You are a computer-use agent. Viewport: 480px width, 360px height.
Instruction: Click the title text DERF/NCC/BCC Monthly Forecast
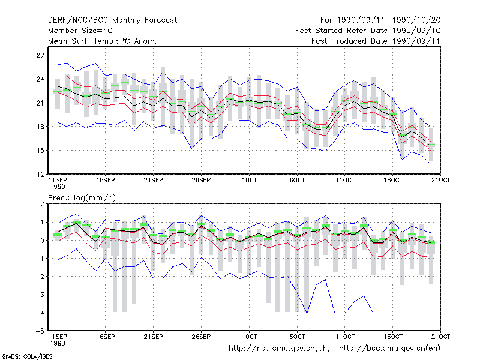112,20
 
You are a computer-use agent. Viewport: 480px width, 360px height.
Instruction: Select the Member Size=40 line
80,31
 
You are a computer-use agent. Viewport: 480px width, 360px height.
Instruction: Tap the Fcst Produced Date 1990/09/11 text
376,41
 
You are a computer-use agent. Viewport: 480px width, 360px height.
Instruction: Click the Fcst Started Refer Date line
368,31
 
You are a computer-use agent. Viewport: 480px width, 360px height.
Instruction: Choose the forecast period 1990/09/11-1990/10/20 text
380,20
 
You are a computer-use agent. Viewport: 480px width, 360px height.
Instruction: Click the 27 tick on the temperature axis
40,55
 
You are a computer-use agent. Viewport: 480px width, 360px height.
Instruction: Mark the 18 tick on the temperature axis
40,127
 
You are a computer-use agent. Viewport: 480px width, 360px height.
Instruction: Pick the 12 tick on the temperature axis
40,175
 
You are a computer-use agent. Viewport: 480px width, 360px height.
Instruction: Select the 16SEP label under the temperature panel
106,180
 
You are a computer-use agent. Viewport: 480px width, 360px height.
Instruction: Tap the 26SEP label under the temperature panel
201,180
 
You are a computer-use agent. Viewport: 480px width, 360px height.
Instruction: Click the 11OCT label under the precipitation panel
345,337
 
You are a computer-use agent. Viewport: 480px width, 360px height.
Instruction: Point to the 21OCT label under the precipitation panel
441,337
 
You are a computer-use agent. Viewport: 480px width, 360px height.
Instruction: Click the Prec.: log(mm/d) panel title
82,198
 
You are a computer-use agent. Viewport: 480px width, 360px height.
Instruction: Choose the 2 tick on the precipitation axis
42,204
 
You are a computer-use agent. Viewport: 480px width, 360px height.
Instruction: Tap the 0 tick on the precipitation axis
42,241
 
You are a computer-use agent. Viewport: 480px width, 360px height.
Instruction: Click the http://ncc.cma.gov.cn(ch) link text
279,349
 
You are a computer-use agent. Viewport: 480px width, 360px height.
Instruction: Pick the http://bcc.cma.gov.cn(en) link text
389,349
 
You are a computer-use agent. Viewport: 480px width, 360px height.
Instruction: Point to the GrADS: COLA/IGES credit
27,356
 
